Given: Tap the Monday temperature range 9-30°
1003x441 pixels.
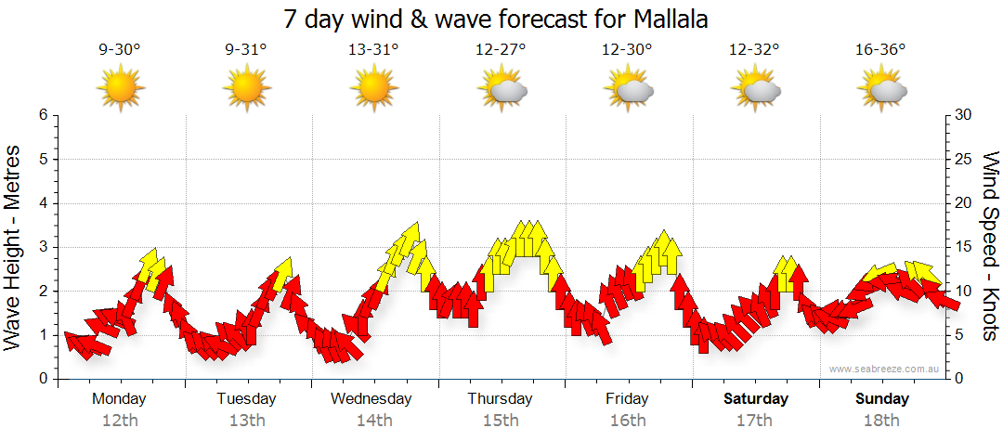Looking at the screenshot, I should click(x=120, y=50).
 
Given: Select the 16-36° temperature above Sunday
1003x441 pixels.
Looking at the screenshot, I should click(x=880, y=50).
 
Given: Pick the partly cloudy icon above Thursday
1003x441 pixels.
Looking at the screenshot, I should click(x=502, y=89).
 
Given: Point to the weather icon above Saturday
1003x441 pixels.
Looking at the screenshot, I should click(x=756, y=89).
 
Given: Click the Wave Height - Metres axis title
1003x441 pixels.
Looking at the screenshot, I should click(x=14, y=245).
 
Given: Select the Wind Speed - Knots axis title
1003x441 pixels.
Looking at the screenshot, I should click(x=990, y=245).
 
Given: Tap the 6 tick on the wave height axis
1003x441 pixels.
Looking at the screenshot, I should click(x=43, y=115).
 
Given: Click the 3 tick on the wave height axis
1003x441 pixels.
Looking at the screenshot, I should click(x=43, y=247).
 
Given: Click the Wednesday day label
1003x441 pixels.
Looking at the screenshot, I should click(x=371, y=399).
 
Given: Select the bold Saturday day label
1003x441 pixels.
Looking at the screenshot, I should click(x=756, y=399).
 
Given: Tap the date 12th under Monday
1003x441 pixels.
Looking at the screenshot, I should click(x=120, y=421).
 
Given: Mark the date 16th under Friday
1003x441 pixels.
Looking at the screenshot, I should click(x=628, y=421).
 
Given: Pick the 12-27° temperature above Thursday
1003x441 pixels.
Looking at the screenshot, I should click(x=501, y=50).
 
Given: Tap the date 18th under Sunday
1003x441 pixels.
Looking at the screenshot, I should click(x=881, y=421).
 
